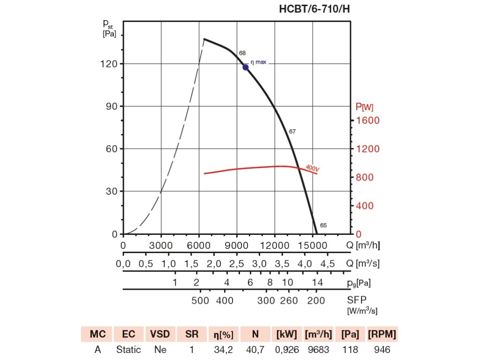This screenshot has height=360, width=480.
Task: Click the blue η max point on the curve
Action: (245, 67)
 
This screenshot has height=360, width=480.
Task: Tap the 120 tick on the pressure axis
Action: (111, 64)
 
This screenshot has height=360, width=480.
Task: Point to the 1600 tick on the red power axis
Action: (367, 120)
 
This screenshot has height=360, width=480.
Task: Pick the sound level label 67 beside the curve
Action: (292, 131)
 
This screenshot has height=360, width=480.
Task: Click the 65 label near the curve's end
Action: (323, 225)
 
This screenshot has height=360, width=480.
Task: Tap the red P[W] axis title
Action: (365, 107)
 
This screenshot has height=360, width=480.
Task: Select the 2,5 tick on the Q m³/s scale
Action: (237, 263)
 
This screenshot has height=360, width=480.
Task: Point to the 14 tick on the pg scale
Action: (317, 282)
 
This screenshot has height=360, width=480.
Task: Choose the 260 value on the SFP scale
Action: (288, 300)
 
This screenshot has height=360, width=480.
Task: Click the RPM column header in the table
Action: (382, 334)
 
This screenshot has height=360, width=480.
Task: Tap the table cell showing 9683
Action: (319, 350)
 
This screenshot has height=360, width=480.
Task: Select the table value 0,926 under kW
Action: (287, 350)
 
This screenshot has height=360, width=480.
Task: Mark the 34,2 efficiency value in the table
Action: (224, 350)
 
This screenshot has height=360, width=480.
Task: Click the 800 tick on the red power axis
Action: (365, 177)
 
